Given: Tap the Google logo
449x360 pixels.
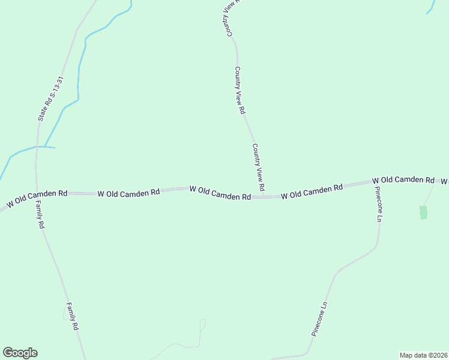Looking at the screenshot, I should pos(20,353).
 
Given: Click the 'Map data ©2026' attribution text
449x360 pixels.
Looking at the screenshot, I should pos(423,355).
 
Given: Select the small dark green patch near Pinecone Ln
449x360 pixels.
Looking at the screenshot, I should pos(423,212).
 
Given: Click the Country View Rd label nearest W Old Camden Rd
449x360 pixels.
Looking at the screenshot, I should pos(259,167).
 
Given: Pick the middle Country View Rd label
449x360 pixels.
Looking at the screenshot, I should pos(240,91).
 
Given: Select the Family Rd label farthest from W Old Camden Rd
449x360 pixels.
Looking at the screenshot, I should pos(72,316).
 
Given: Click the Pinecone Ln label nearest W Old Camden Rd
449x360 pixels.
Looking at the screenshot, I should pos(378,205).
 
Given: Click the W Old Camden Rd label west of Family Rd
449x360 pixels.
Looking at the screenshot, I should pos(37,199).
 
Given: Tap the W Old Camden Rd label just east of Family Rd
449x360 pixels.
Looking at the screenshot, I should pos(128,193).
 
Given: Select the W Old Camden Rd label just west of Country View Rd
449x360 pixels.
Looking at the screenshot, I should pos(220,193).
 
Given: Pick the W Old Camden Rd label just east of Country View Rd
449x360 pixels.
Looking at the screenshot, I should pos(312,191).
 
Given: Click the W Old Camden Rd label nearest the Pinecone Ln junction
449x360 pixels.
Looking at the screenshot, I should pos(403,180).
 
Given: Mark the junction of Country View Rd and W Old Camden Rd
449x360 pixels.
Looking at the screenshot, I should pos(264,196).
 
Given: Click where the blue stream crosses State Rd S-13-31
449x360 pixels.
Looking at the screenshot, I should pos(38,146).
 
